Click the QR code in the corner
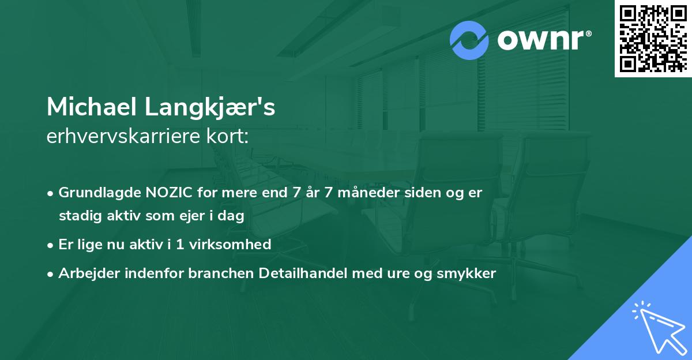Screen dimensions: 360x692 [653, 38]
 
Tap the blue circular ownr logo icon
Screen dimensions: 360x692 [469, 40]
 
